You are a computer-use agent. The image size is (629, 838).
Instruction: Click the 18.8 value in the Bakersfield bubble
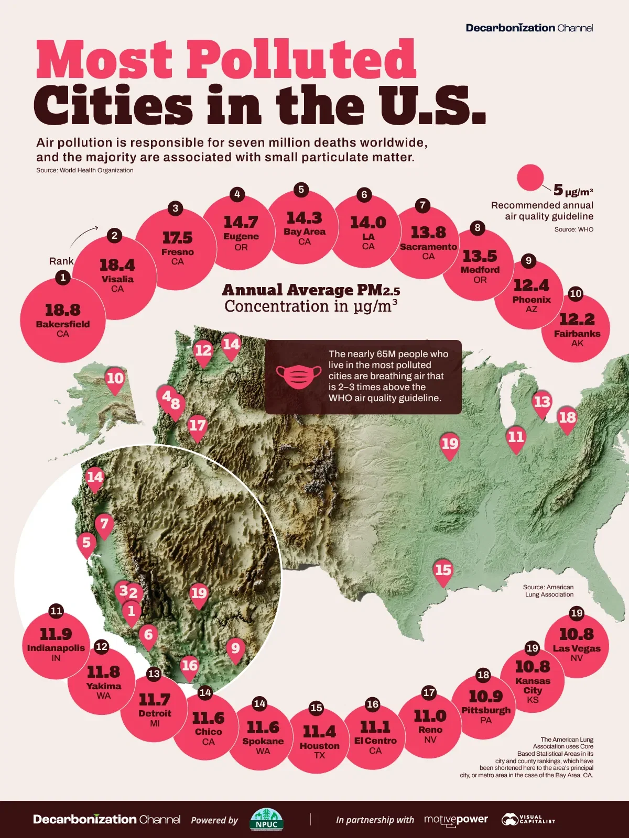pos(62,310)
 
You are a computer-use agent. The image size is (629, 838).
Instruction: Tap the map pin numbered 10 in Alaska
pos(115,379)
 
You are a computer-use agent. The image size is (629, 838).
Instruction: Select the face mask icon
pos(299,376)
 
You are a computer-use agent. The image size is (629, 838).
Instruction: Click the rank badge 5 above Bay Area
pos(301,190)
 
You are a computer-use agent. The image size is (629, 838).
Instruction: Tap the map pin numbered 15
pos(443,570)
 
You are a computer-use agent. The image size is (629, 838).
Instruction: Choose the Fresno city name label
pos(178,252)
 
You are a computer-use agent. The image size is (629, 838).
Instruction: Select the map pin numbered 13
pos(542,403)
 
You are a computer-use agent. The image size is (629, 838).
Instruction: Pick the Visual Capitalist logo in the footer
pos(528,820)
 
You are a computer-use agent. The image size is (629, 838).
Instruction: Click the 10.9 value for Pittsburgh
pos(485,697)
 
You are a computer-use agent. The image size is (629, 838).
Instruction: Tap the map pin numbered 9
pos(235,649)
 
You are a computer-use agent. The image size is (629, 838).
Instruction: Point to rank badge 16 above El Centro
pos(373,704)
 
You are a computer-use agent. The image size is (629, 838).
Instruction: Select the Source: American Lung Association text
pos(549,591)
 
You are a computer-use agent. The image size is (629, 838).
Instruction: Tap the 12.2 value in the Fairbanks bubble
pos(577,319)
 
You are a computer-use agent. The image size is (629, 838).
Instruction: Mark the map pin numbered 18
pos(567,418)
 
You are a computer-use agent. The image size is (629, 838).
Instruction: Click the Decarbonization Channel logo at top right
pos(529,28)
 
